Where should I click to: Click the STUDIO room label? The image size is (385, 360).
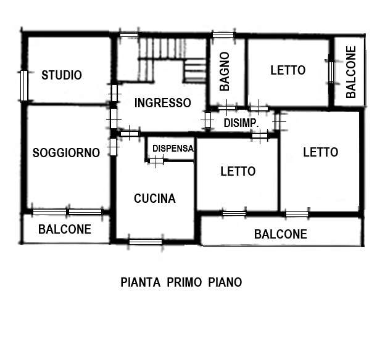pos(61,75)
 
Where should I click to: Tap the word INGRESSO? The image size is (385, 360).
pos(163,103)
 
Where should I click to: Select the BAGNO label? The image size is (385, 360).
pos(225,72)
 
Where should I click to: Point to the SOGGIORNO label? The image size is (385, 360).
pos(66,153)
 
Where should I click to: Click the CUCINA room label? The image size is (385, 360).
pos(155,198)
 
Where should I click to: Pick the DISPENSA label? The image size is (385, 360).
pos(173,148)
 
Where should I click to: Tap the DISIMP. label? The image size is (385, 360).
pos(241,124)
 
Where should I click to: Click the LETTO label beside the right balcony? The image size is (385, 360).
pos(288,70)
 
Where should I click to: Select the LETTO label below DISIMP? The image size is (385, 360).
pos(238,171)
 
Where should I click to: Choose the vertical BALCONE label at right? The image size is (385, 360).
pos(351,72)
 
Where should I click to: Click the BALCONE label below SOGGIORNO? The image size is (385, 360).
pos(65,229)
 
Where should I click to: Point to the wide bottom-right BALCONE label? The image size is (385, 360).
pos(281,234)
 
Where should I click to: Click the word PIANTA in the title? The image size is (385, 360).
pos(139,282)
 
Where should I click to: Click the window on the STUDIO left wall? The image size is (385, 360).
pos(23,86)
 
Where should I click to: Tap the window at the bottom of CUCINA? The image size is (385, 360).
pos(146,241)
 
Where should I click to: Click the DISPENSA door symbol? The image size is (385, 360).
pos(156,160)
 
